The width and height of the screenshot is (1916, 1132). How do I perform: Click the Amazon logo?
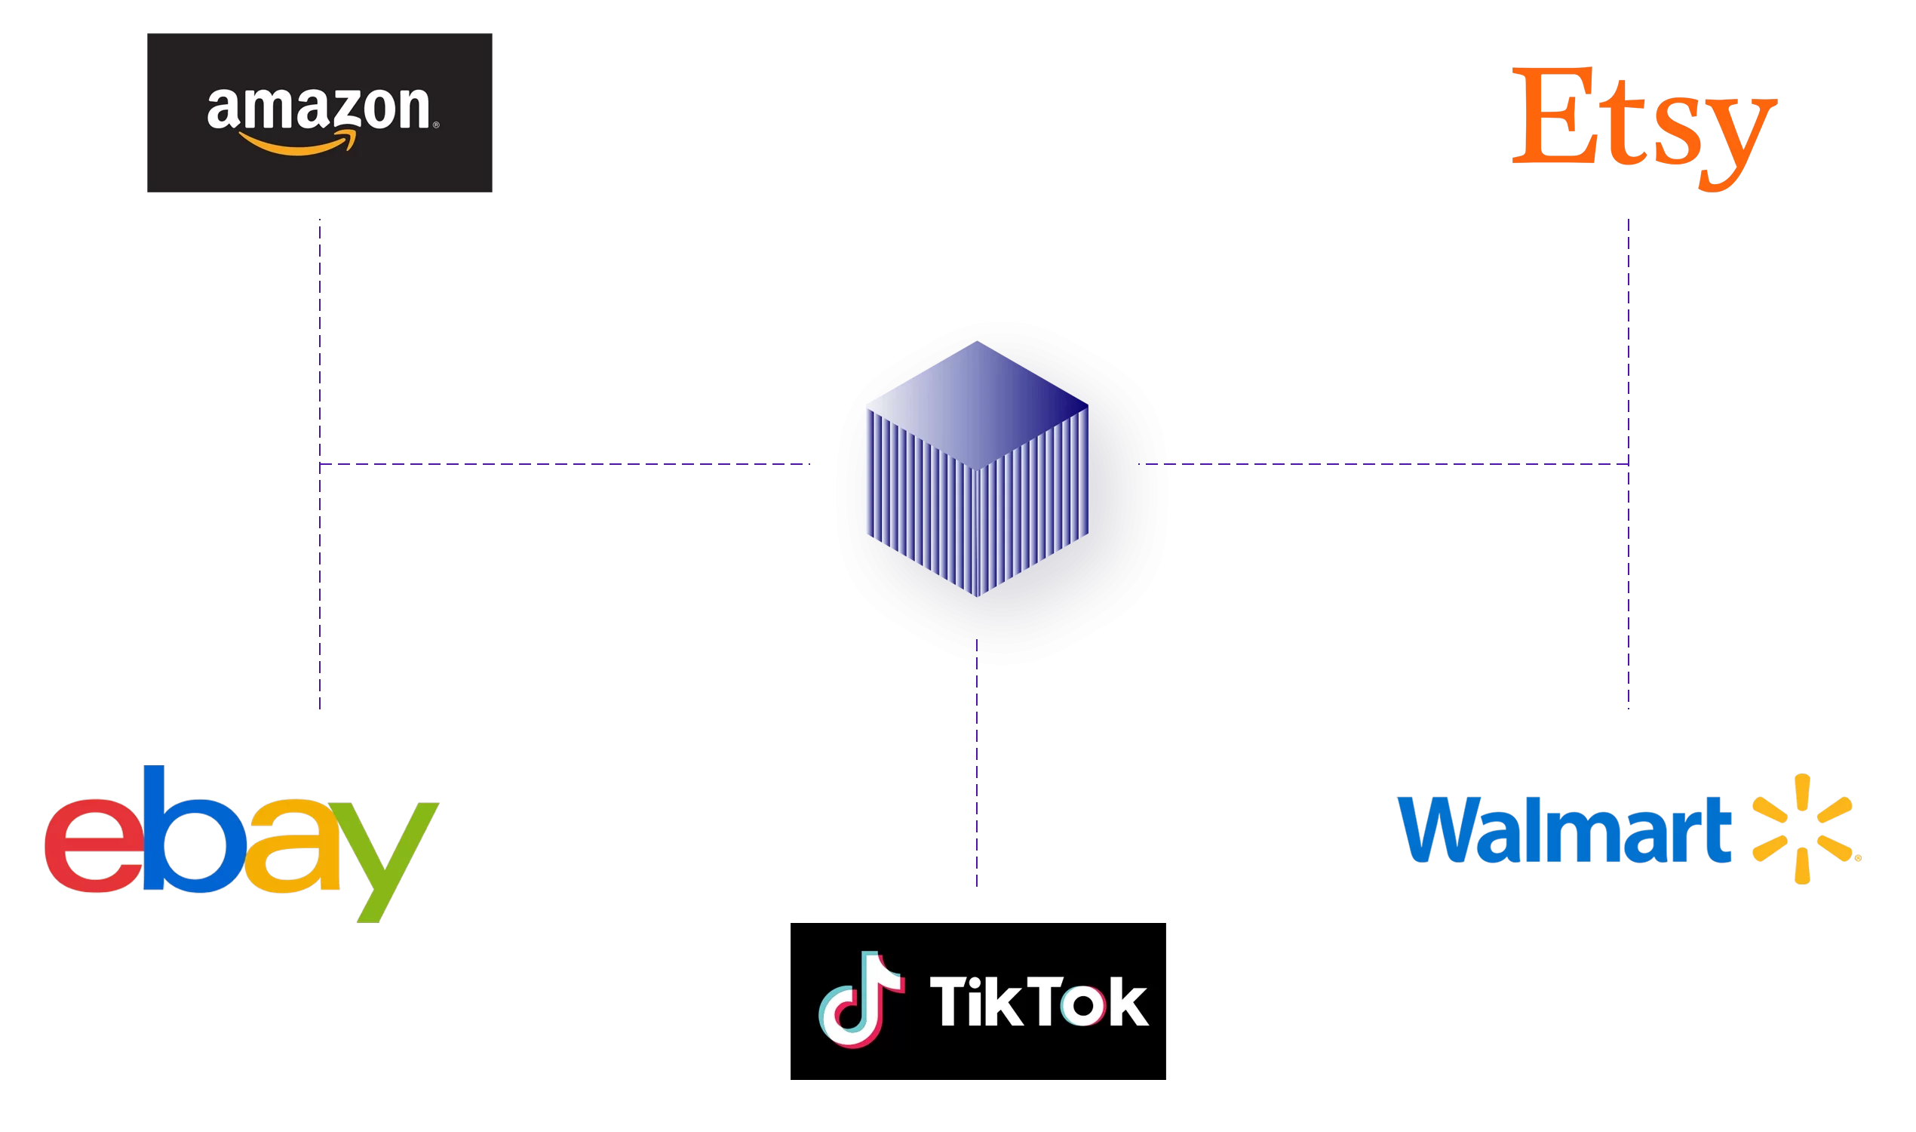[x=320, y=113]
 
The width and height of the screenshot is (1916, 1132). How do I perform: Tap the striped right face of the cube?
[x=1033, y=503]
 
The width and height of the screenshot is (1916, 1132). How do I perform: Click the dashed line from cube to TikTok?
[x=977, y=763]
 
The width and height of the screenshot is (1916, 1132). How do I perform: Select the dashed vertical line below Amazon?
[x=320, y=343]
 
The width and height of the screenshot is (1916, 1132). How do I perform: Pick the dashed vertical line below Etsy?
[x=1629, y=343]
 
